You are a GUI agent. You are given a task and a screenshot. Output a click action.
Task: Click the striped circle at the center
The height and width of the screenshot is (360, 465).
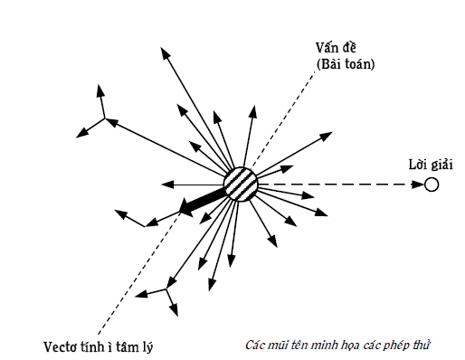pyautogui.click(x=241, y=184)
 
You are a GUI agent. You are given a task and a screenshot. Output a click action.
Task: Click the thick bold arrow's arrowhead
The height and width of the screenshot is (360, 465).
pyautogui.click(x=186, y=207)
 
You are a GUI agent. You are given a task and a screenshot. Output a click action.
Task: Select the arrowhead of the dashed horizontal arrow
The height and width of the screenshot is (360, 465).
pyautogui.click(x=418, y=185)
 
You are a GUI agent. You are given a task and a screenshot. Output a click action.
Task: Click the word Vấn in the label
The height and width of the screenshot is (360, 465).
pyautogui.click(x=327, y=48)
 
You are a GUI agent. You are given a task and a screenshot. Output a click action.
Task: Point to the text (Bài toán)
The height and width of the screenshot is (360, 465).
pyautogui.click(x=346, y=64)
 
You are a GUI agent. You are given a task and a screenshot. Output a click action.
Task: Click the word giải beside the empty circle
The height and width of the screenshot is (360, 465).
pyautogui.click(x=441, y=166)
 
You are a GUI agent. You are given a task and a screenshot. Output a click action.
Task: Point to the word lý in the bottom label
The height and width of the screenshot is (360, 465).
pyautogui.click(x=147, y=347)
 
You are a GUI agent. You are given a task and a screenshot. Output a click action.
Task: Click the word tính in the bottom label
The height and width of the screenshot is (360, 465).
pyautogui.click(x=97, y=346)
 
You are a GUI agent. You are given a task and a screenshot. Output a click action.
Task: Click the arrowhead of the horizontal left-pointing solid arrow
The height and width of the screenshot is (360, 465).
pyautogui.click(x=167, y=184)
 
